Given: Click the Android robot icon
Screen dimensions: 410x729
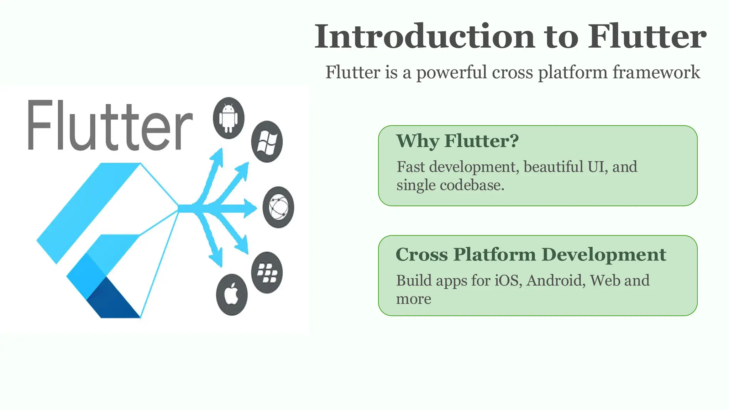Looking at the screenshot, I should (229, 118).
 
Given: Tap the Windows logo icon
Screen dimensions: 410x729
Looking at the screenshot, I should (267, 142).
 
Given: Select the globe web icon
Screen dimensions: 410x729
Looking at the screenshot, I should (278, 207).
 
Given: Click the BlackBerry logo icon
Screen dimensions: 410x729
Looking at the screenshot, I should (267, 273).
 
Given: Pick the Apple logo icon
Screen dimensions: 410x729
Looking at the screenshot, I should (232, 295).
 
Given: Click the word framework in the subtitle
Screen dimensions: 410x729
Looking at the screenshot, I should (656, 73).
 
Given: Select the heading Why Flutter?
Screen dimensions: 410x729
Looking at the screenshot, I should (457, 141).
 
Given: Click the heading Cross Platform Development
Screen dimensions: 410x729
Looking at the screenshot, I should (531, 255).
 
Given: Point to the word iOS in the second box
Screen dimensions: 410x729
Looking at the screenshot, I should (508, 280).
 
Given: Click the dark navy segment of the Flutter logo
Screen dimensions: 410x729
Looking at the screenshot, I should (113, 299).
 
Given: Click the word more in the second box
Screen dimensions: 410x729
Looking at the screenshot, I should (414, 299).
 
